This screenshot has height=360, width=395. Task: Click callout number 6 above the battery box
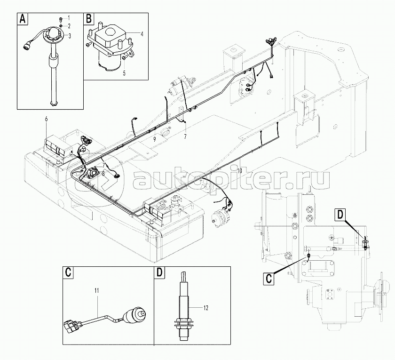click(46, 120)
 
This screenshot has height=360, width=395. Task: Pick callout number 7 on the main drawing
click(185, 136)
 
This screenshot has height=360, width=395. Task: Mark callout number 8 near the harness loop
click(103, 173)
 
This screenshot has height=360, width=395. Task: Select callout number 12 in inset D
click(205, 308)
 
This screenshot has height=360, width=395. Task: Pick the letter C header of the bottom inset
click(68, 272)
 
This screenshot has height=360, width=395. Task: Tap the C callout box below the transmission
click(269, 278)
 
